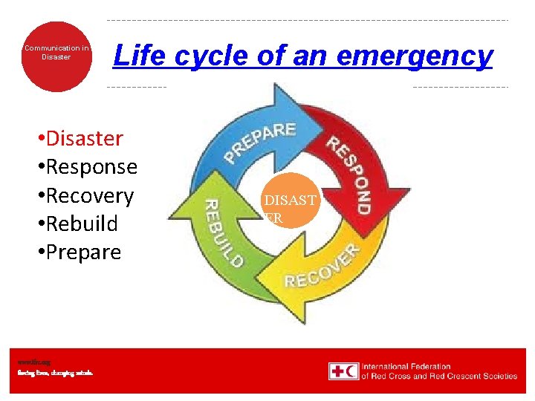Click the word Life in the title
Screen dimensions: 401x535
click(x=136, y=56)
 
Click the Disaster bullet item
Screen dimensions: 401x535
click(x=83, y=138)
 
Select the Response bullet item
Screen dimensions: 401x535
click(x=91, y=167)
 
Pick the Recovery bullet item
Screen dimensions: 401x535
click(x=88, y=195)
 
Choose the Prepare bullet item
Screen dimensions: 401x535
click(x=82, y=252)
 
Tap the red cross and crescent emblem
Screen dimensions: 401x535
click(x=343, y=371)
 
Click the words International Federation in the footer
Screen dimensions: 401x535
click(x=406, y=366)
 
